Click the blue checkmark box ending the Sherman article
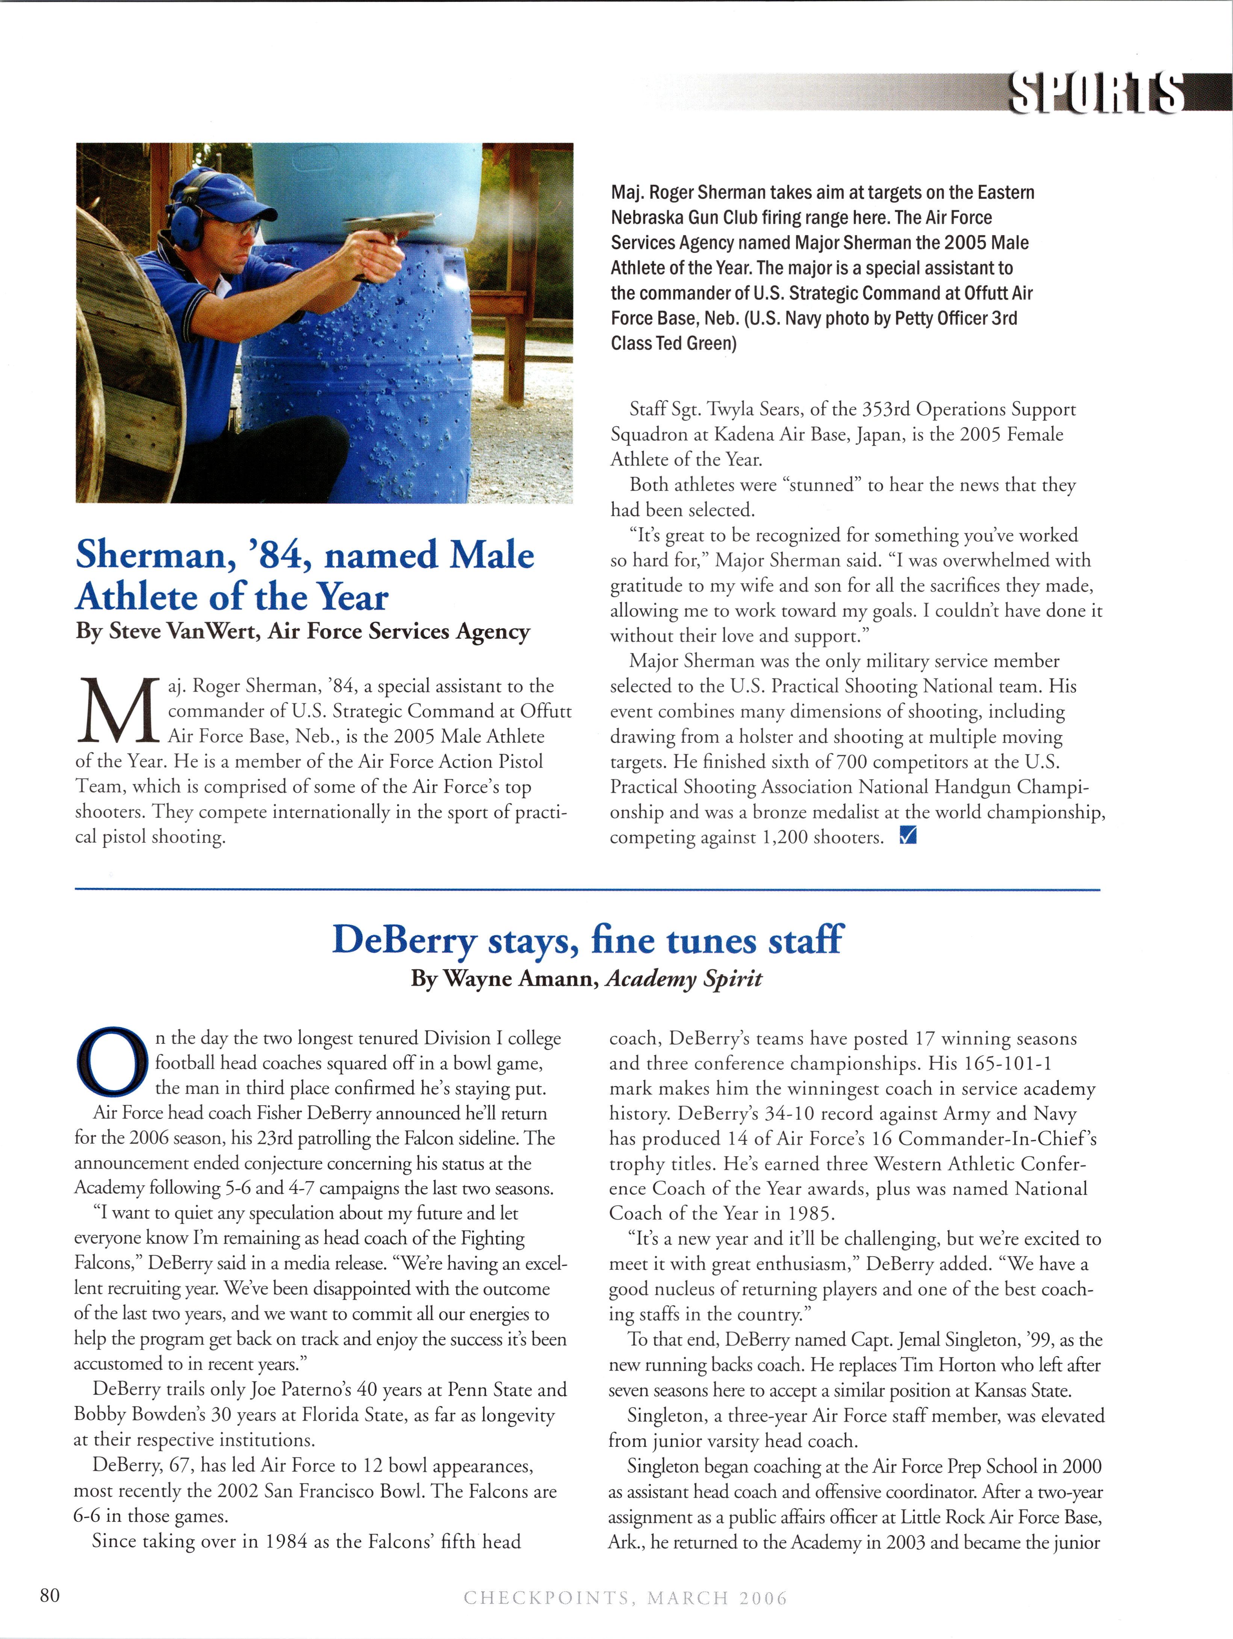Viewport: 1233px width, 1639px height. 907,836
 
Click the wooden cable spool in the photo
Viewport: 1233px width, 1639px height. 126,370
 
